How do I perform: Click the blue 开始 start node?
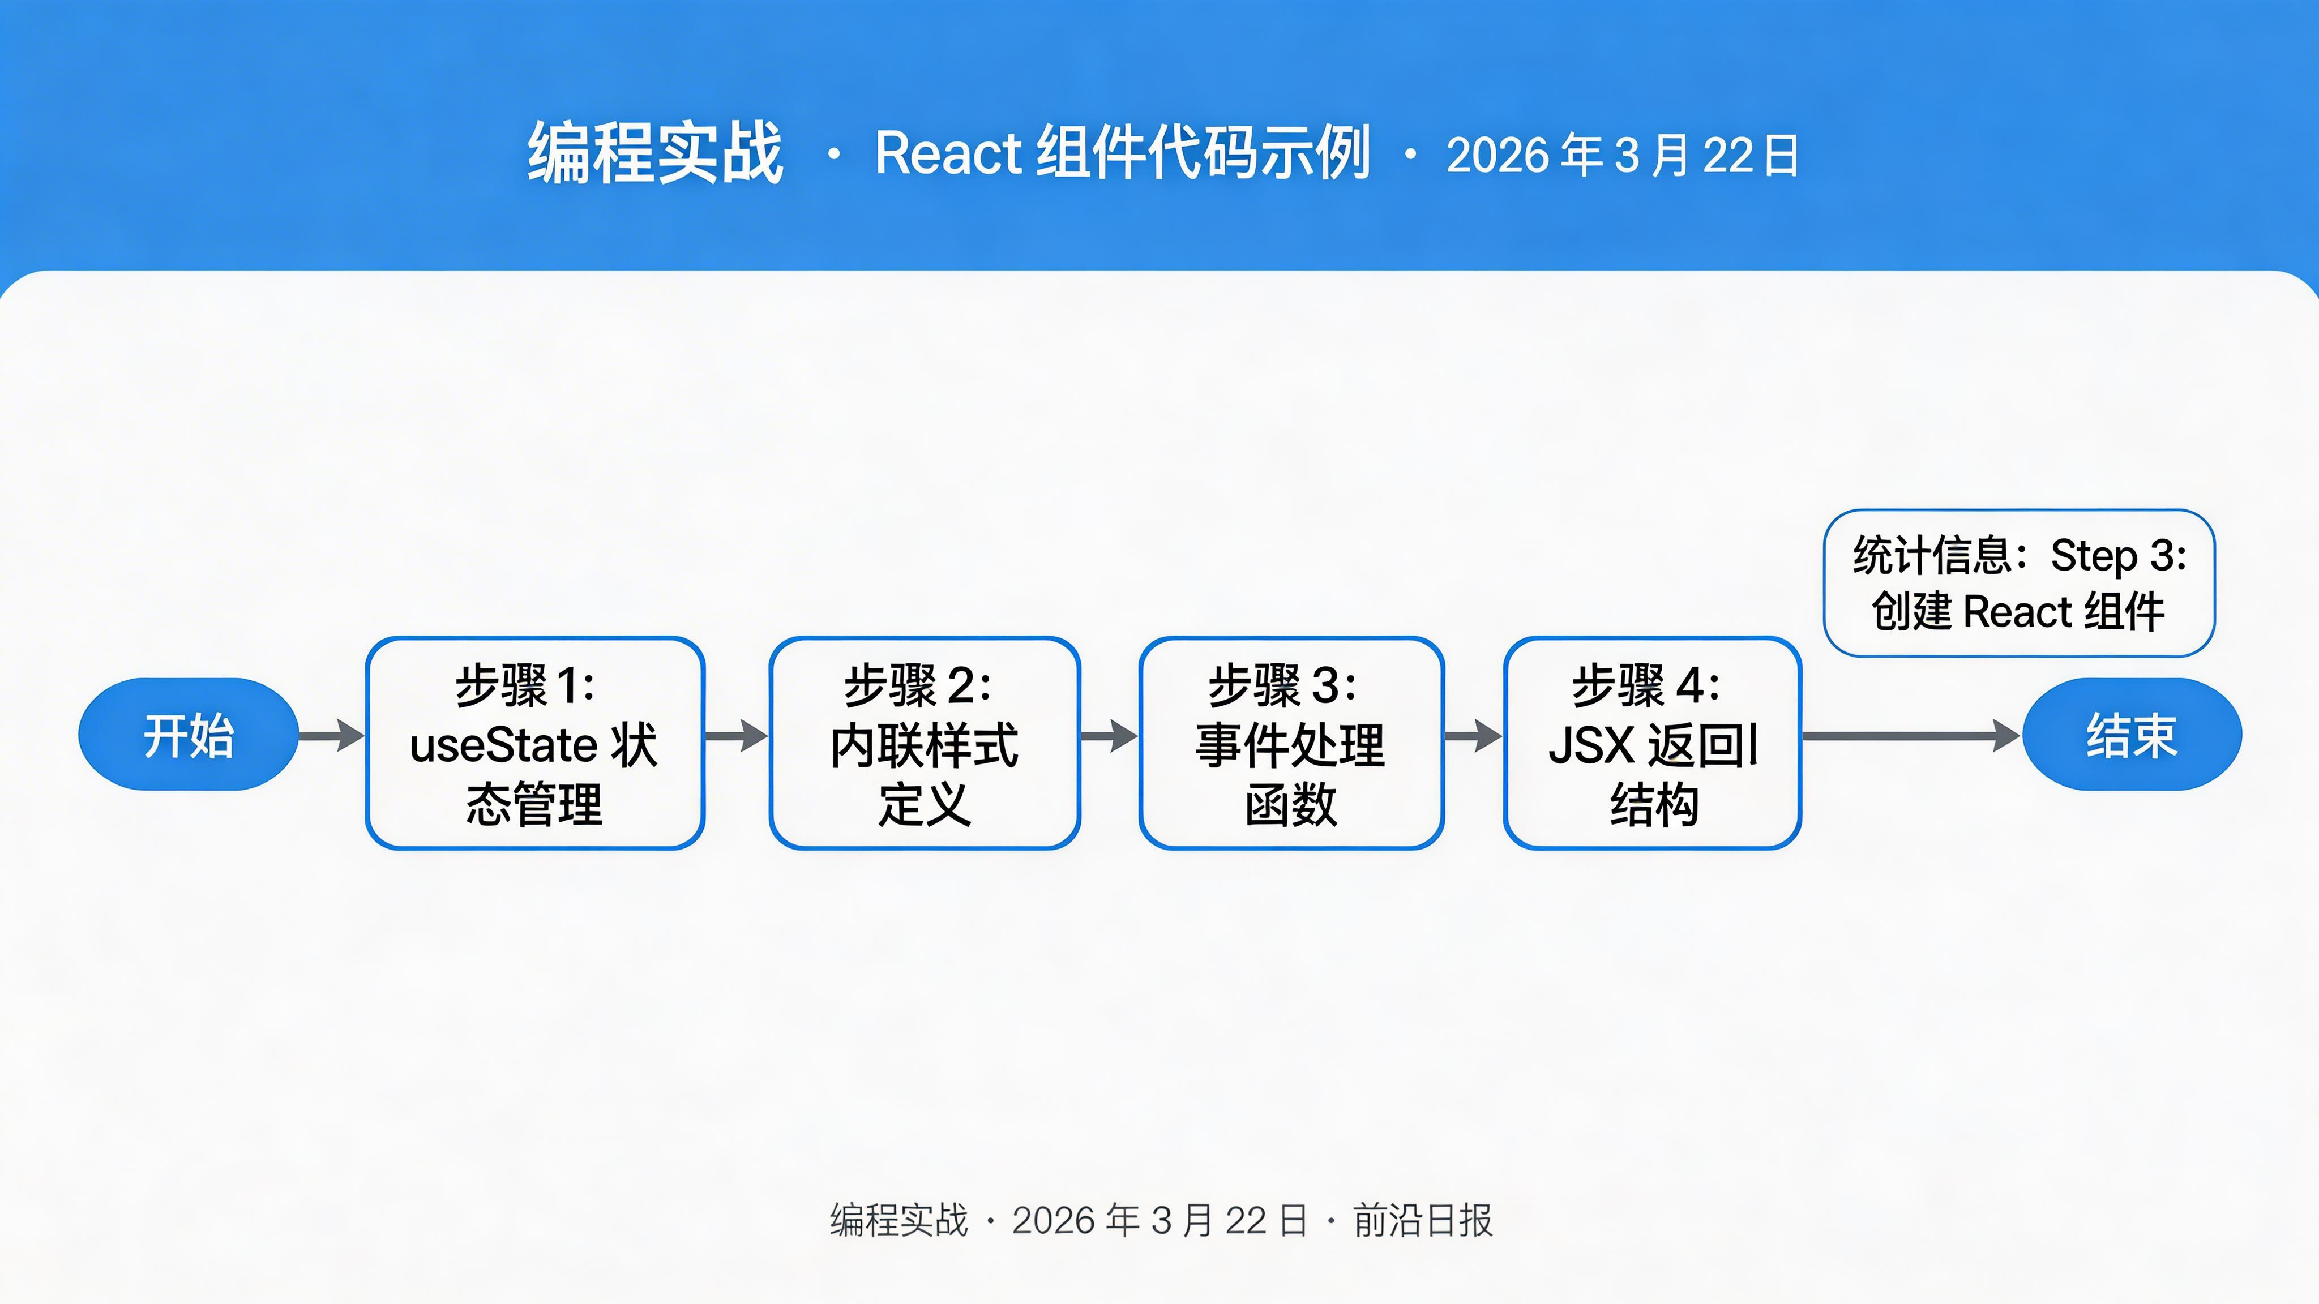(188, 734)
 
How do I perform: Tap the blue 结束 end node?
(2131, 734)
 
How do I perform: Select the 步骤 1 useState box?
(534, 743)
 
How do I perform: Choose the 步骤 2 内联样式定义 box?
(925, 743)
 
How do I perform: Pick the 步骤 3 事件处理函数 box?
(1291, 743)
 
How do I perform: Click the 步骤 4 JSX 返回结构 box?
(1652, 743)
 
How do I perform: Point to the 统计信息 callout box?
(2018, 583)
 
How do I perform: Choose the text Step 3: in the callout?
(2118, 556)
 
